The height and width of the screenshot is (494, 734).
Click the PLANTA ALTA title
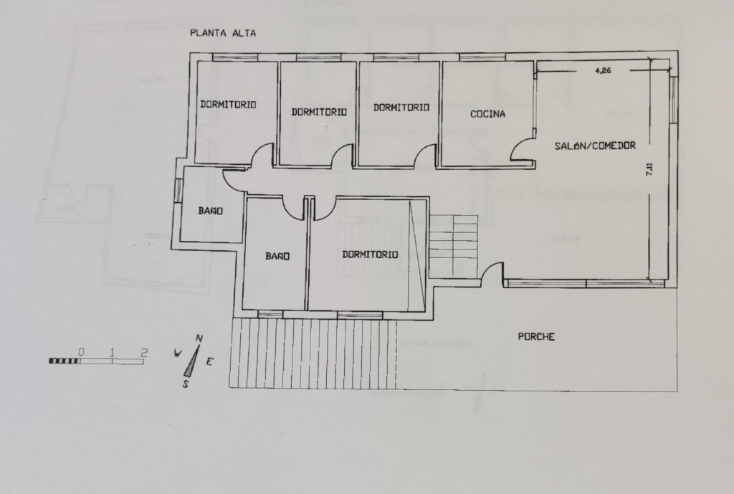tap(223, 33)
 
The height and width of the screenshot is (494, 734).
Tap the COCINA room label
tap(487, 114)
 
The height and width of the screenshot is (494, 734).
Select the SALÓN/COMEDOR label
tap(595, 146)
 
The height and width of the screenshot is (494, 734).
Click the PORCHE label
tap(536, 337)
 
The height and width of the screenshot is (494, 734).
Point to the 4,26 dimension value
tap(603, 71)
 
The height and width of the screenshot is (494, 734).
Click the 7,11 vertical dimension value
tap(649, 169)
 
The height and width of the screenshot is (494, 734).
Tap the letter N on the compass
tap(199, 338)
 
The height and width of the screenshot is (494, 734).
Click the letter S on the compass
tap(186, 384)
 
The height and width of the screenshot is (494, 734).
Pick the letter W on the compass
tap(178, 353)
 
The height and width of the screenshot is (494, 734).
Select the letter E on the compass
tap(209, 361)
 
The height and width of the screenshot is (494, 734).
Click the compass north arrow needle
tap(192, 361)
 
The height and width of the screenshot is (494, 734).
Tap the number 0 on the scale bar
tap(82, 351)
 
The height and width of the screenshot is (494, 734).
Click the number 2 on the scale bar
tap(144, 352)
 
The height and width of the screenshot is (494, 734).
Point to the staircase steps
tap(453, 245)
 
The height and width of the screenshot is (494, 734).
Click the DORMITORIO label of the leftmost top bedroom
tap(229, 105)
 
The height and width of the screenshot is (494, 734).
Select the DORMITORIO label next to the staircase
tap(371, 255)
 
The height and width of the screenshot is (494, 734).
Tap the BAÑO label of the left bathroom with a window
tap(211, 212)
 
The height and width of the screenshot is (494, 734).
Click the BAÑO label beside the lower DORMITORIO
tap(277, 256)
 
